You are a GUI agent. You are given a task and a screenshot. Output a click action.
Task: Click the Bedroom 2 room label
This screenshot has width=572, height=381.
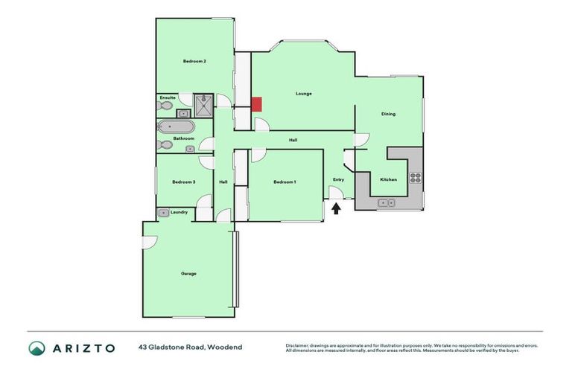tap(194, 62)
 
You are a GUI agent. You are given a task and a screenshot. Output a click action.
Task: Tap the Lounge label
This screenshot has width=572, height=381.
tap(303, 94)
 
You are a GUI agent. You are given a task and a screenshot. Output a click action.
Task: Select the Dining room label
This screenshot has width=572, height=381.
tap(388, 114)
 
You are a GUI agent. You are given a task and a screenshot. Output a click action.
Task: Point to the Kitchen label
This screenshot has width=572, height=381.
tap(389, 180)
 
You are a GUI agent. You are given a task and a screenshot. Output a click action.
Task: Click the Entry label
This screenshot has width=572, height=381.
tap(338, 179)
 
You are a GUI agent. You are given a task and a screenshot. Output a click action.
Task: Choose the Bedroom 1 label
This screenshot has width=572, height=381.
tap(285, 182)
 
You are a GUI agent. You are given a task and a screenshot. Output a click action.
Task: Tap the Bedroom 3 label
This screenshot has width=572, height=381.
tap(183, 182)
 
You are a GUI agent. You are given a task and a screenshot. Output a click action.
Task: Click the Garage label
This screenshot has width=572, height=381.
tap(188, 274)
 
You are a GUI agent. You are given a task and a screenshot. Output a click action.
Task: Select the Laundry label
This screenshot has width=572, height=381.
tap(179, 212)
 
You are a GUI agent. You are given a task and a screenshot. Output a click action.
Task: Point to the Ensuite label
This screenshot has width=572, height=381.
tap(168, 97)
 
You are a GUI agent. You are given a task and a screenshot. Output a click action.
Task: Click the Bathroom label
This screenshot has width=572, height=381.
tap(184, 138)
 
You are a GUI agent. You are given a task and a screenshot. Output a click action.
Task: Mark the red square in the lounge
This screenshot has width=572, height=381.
tap(256, 104)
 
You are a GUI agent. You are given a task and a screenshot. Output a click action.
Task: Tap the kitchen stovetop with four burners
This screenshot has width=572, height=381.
tap(415, 179)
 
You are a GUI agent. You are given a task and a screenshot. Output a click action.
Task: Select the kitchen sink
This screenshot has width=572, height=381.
tap(387, 202)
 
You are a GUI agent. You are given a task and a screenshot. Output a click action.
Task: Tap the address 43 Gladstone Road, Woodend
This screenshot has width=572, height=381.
tap(190, 348)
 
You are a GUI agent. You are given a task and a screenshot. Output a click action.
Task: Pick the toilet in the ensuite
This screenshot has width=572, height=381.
tap(165, 107)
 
